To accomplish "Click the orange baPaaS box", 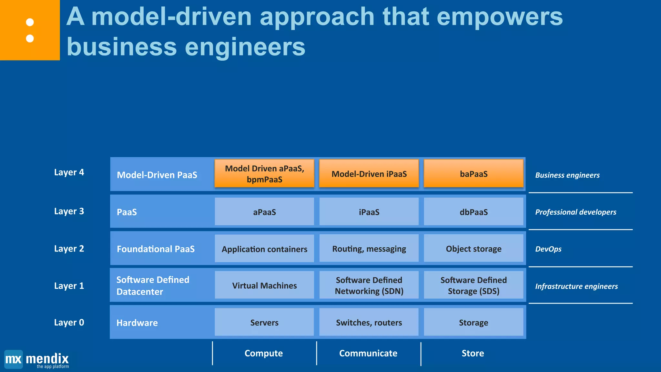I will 473,174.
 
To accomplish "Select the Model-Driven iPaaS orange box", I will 369,174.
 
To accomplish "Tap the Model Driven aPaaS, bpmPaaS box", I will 264,174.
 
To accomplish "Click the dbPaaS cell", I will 473,212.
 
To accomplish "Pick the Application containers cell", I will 264,249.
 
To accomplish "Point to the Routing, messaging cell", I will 369,249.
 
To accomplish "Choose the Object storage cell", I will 473,249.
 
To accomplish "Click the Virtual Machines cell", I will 264,285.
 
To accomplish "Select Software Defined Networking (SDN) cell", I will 369,285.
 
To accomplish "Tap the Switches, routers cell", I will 369,322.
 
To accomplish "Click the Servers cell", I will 264,322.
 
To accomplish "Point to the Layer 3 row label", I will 69,211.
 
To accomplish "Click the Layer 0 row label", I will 69,322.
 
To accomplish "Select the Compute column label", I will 264,353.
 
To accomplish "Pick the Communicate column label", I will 368,353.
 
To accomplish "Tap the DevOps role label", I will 548,249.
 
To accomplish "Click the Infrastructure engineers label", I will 576,286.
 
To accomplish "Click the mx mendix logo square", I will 14,359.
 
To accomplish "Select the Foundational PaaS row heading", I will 156,249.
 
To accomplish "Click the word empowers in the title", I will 500,17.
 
